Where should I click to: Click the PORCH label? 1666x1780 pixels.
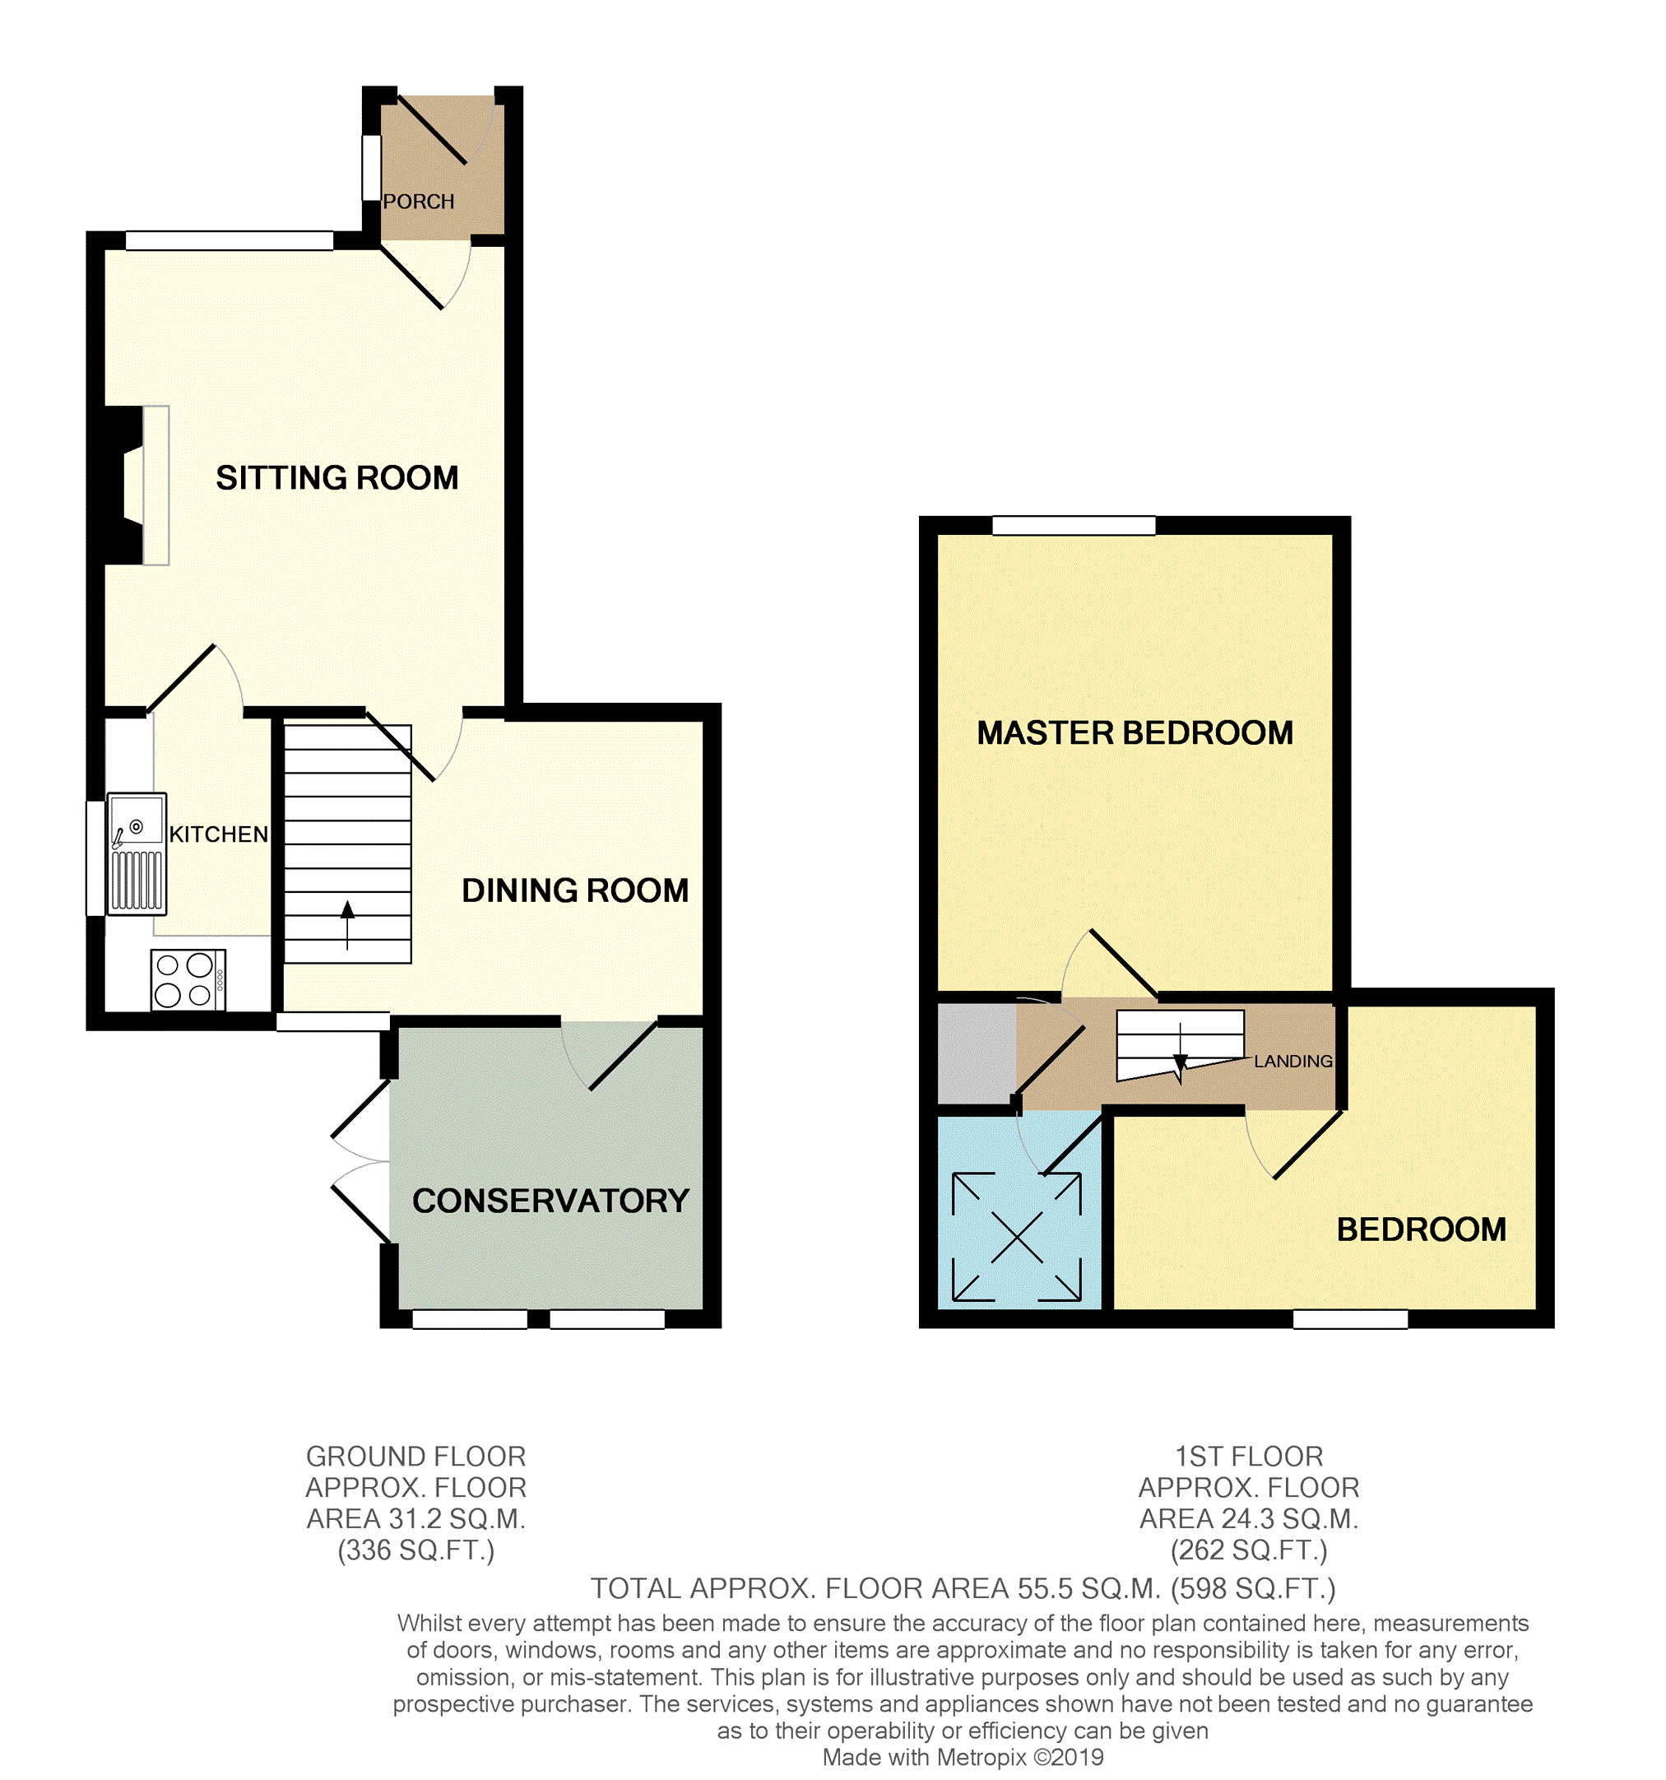[418, 202]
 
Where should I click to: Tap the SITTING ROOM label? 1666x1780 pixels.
[336, 477]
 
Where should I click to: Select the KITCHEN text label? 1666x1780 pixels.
[219, 834]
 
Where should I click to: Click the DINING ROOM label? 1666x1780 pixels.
[575, 890]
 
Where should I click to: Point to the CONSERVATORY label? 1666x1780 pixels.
[550, 1200]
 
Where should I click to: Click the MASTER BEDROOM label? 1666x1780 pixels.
[1135, 732]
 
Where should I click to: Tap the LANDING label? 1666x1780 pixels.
[1292, 1061]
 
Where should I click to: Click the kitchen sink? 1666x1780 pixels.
[137, 853]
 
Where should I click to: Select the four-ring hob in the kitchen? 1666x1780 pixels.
[187, 979]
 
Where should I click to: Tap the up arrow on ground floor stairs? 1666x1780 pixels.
[347, 923]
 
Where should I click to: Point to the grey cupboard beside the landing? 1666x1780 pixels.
[976, 1053]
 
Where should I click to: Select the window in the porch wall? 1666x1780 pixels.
[370, 167]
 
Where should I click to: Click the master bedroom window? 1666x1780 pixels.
[1074, 526]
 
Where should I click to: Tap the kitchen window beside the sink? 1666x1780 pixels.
[95, 858]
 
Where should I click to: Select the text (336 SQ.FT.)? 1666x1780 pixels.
[415, 1550]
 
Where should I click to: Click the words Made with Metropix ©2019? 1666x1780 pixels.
[963, 1757]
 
